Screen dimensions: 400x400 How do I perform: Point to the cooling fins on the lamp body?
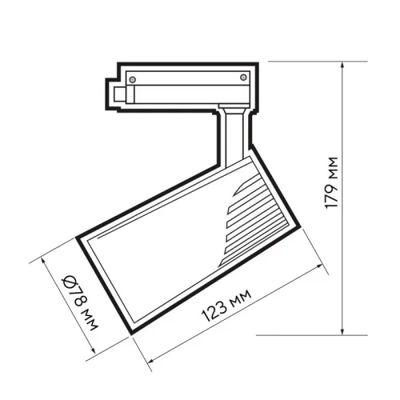pos(254,212)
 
